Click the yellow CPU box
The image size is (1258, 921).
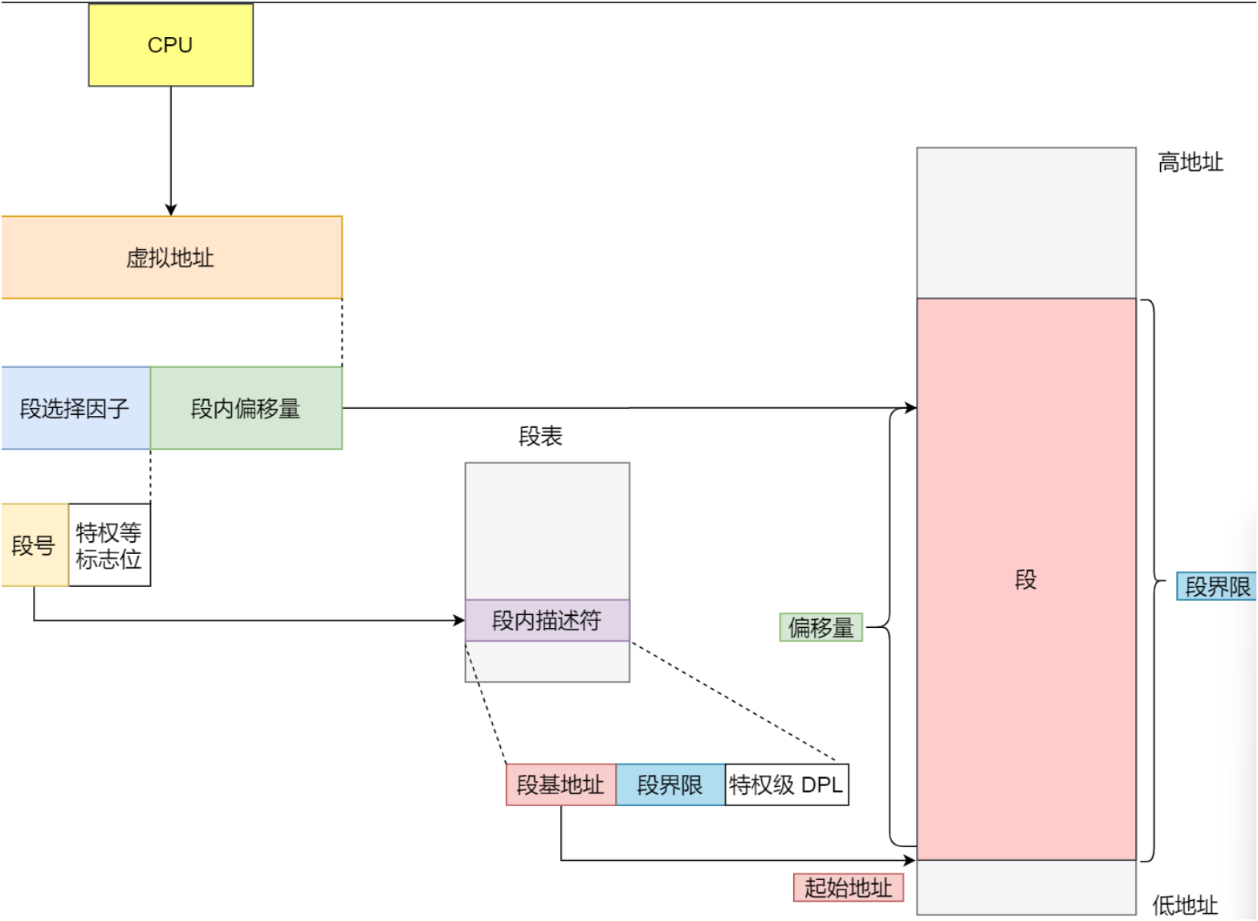(170, 45)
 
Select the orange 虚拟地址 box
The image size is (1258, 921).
(171, 258)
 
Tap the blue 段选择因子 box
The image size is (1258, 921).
(75, 408)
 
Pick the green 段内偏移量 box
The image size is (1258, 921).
(246, 408)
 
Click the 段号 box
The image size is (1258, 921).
(34, 545)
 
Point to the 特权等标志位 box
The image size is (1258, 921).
(109, 545)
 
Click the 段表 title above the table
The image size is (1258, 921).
(540, 436)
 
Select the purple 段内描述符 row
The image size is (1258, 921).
(547, 620)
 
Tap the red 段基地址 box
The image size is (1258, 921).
(560, 784)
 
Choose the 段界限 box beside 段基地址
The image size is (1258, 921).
(670, 784)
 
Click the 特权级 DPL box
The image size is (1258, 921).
(786, 784)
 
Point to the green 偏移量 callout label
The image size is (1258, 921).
(820, 627)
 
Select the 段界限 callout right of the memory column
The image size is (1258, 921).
(1217, 587)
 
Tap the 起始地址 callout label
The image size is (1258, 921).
(848, 887)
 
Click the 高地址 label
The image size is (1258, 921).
(1190, 163)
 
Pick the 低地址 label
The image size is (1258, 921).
(1185, 905)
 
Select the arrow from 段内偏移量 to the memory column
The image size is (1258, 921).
(626, 408)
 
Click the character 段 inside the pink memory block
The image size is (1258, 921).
(1026, 579)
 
